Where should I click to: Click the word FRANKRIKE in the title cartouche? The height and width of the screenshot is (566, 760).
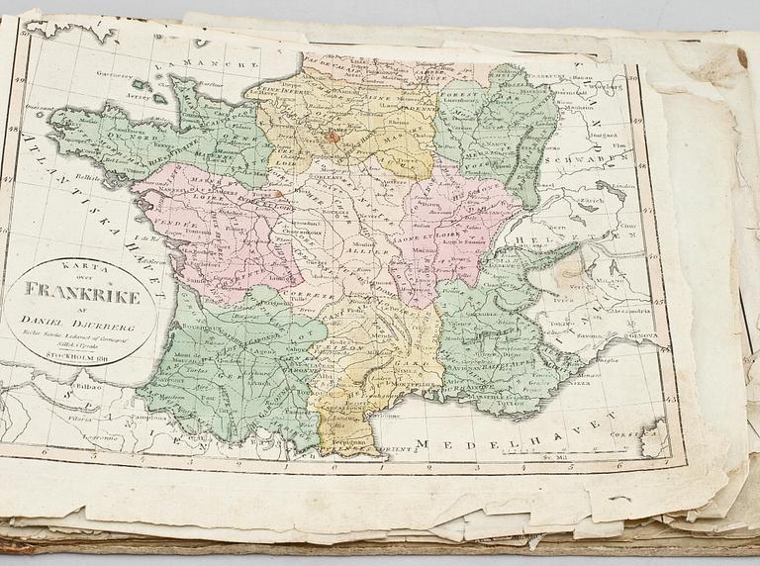coord(84,294)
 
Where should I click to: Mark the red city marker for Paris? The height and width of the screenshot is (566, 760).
coord(334,138)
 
